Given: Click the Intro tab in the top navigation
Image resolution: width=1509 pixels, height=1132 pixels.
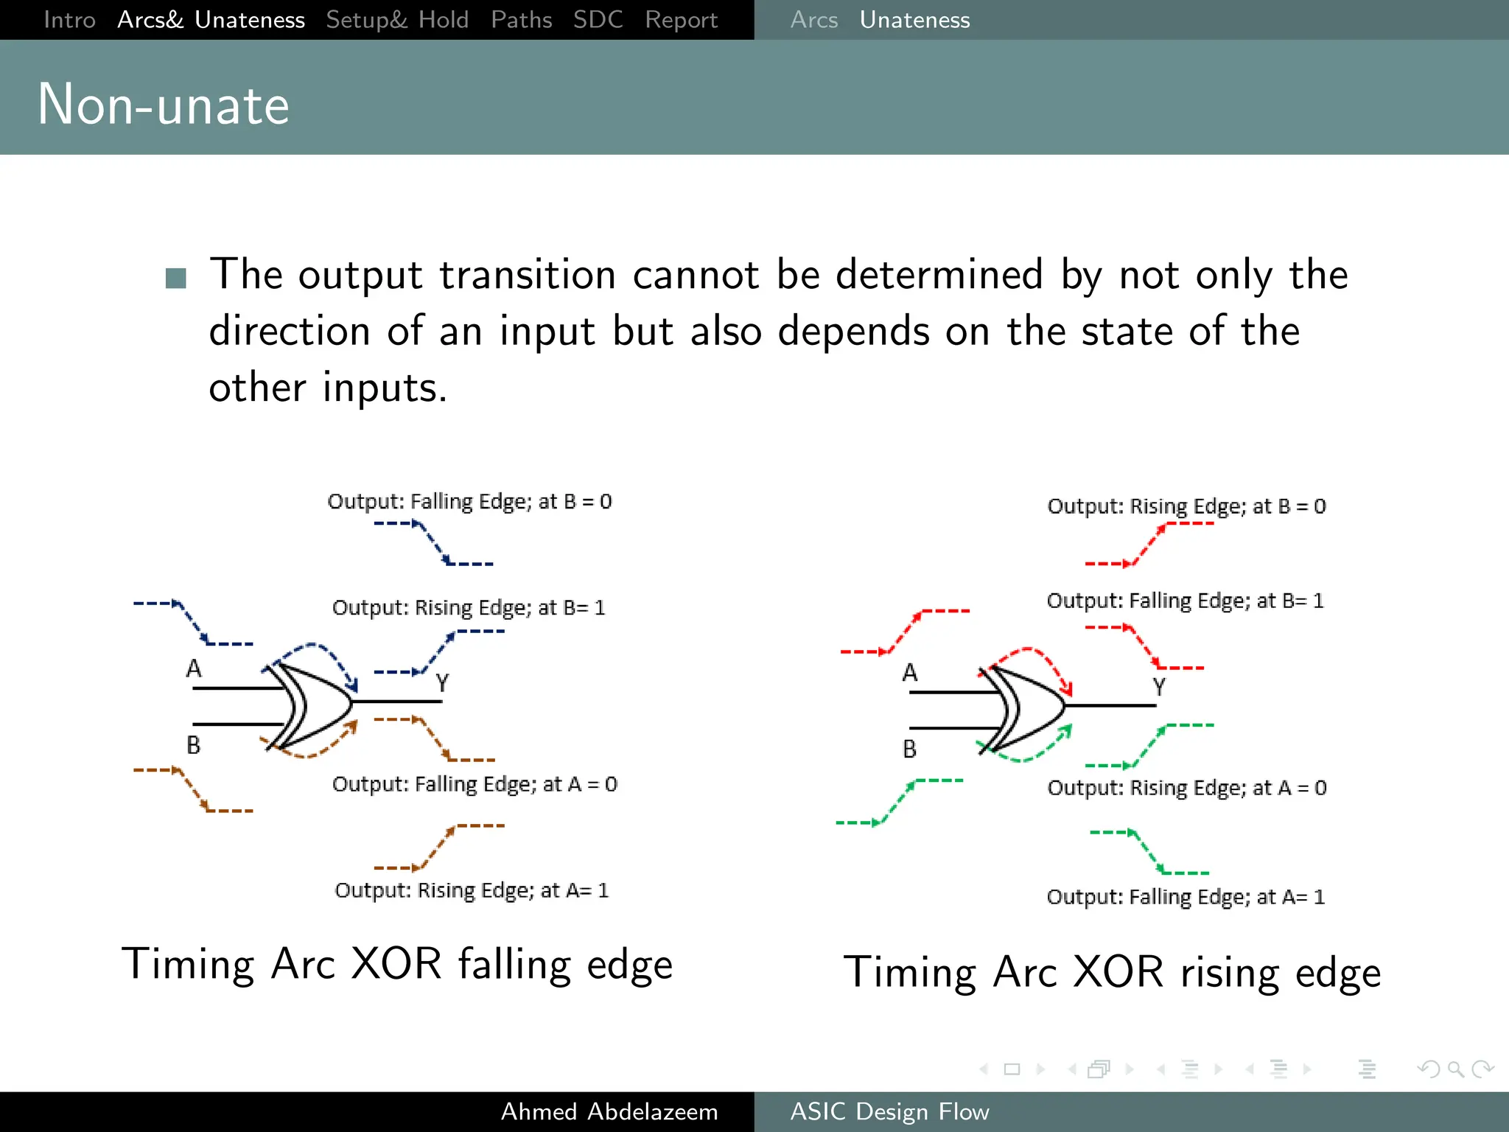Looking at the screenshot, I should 69,20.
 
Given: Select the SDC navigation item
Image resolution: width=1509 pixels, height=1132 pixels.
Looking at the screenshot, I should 598,20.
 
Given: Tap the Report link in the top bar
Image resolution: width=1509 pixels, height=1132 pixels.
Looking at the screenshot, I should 681,20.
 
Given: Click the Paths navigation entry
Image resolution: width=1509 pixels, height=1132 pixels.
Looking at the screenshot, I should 521,20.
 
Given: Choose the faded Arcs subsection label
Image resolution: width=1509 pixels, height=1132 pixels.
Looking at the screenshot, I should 813,20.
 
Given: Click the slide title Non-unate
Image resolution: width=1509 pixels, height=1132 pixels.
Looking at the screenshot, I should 163,105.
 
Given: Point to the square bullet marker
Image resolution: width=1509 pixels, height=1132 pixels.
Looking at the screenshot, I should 175,278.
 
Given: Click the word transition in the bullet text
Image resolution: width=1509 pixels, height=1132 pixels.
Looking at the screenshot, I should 527,275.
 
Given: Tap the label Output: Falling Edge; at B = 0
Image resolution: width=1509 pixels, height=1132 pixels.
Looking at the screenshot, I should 469,502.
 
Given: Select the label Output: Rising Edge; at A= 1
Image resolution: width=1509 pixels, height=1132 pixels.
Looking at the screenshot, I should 472,890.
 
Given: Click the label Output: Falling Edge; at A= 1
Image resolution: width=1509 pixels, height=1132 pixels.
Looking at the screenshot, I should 1185,897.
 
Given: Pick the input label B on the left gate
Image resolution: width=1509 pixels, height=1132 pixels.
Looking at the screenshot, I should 193,745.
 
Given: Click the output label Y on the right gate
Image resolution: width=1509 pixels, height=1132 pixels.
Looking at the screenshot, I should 1159,687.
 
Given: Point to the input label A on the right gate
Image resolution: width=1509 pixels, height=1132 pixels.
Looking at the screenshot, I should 910,673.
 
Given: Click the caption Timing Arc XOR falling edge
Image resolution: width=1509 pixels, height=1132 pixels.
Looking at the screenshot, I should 397,964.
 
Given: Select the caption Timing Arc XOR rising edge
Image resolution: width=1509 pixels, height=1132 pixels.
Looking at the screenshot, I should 1112,972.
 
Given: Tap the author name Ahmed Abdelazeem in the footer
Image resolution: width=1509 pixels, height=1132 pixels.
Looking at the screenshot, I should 609,1111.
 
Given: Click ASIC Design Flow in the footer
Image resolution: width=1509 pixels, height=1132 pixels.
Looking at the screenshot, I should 889,1111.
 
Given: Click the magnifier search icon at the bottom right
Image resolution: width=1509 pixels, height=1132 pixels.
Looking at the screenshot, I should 1455,1069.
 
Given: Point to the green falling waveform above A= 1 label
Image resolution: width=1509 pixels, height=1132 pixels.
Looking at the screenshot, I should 1149,853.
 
